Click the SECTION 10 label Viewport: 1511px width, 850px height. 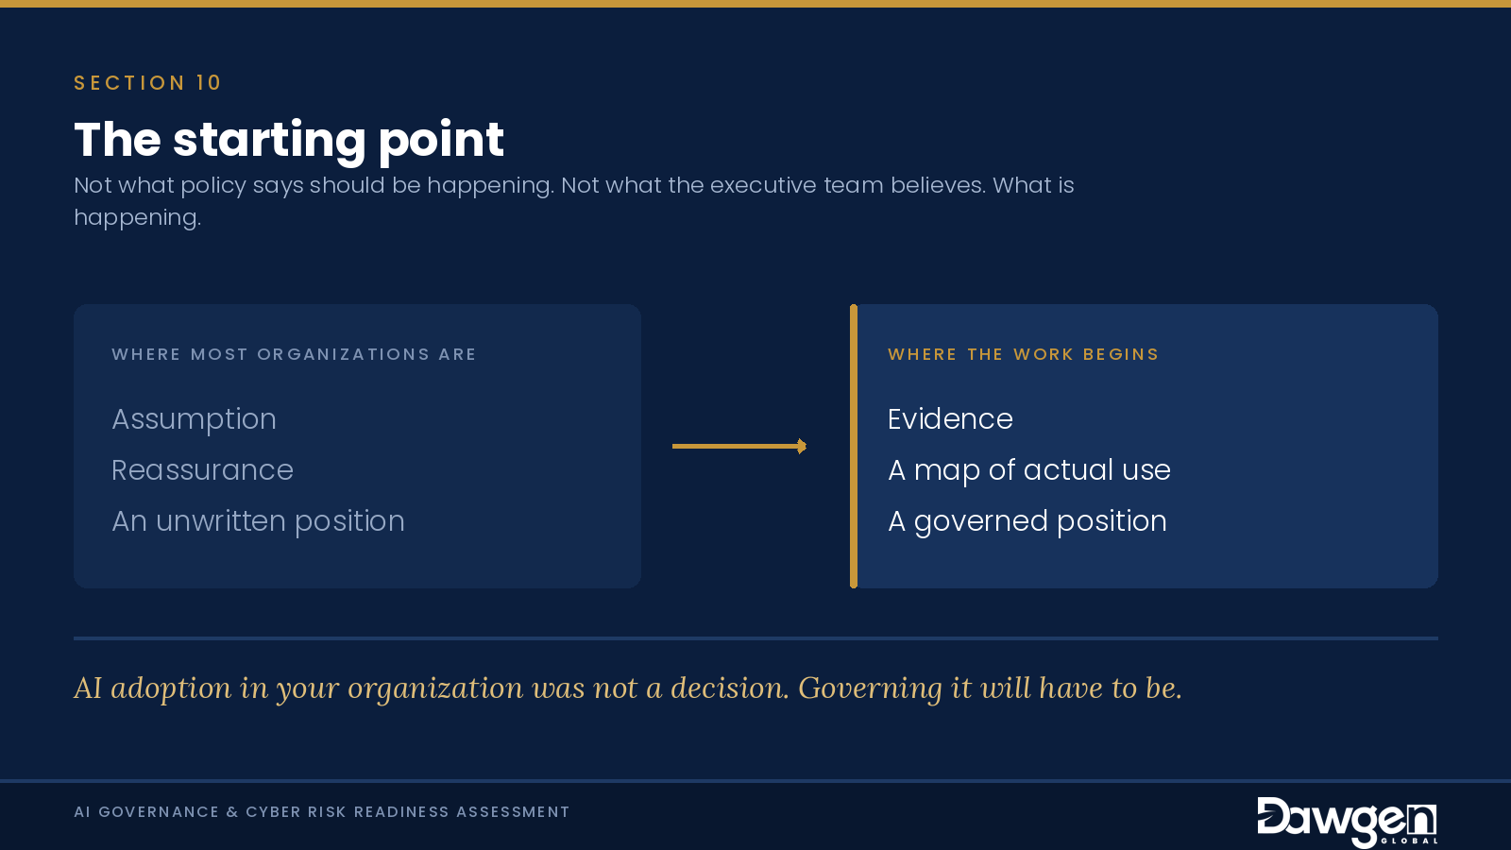click(x=147, y=83)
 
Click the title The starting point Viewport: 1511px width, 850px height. click(x=289, y=141)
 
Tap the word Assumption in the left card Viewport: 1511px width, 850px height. click(x=194, y=419)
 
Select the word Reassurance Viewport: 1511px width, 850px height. click(x=202, y=470)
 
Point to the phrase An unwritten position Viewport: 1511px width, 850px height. click(x=258, y=521)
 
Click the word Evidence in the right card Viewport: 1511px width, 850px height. click(x=950, y=419)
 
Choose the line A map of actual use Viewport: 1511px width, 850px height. click(x=1028, y=470)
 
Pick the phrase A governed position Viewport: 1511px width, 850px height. click(x=1027, y=521)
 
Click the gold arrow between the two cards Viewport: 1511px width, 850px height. click(x=739, y=446)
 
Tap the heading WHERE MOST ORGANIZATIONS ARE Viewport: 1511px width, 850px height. click(x=294, y=354)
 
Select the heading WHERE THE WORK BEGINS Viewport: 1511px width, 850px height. click(x=1023, y=354)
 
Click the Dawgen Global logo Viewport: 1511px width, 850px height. click(x=1347, y=821)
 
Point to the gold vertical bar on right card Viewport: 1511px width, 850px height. click(x=854, y=446)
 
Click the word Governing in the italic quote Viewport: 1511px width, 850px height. click(x=870, y=688)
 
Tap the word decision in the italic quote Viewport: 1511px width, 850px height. click(x=729, y=688)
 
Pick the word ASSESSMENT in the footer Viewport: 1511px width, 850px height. click(x=513, y=811)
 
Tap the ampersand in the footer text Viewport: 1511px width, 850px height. click(x=232, y=811)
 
